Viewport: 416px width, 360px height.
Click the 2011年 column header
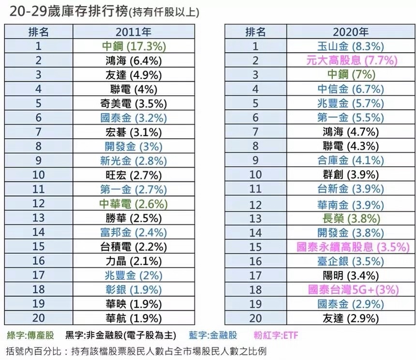click(x=134, y=32)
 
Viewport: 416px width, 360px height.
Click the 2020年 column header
click(x=351, y=32)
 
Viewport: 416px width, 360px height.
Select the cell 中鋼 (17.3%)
click(x=134, y=46)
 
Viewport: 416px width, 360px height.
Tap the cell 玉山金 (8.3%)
click(x=351, y=46)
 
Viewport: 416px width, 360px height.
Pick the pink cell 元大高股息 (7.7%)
click(x=352, y=60)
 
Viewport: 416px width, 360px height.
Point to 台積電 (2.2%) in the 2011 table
click(x=134, y=247)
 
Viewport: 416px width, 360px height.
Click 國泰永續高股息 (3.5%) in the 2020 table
click(x=353, y=247)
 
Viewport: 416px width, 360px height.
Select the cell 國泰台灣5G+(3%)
click(x=354, y=289)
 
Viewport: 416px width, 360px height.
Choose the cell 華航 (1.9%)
click(x=134, y=318)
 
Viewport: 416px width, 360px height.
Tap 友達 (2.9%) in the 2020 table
click(x=351, y=318)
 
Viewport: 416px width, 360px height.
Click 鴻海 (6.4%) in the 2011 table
click(x=134, y=61)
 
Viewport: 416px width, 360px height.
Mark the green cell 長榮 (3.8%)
click(x=351, y=219)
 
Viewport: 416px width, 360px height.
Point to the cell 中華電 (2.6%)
click(x=134, y=204)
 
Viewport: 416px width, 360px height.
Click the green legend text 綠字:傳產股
click(x=30, y=335)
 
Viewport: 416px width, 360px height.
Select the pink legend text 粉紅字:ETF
click(x=276, y=335)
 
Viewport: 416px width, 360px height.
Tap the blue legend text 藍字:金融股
click(x=213, y=335)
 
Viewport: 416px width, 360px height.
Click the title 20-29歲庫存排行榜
click(x=69, y=12)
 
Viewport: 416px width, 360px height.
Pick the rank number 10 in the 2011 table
click(x=39, y=175)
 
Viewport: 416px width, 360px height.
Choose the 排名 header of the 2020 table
click(x=255, y=32)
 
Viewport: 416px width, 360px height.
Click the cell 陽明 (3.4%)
click(x=351, y=276)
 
